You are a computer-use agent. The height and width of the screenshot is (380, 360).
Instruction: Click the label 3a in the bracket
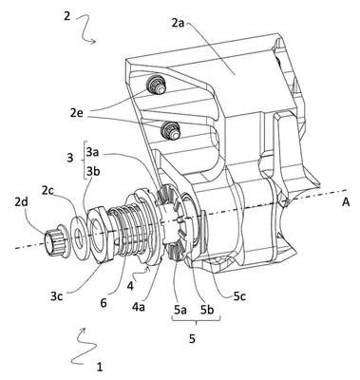92,153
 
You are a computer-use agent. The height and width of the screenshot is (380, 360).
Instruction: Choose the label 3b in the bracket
92,171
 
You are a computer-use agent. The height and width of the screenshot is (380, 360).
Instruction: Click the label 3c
58,296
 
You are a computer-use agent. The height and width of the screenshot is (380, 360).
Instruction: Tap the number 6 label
104,302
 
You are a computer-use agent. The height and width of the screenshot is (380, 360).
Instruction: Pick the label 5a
180,310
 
